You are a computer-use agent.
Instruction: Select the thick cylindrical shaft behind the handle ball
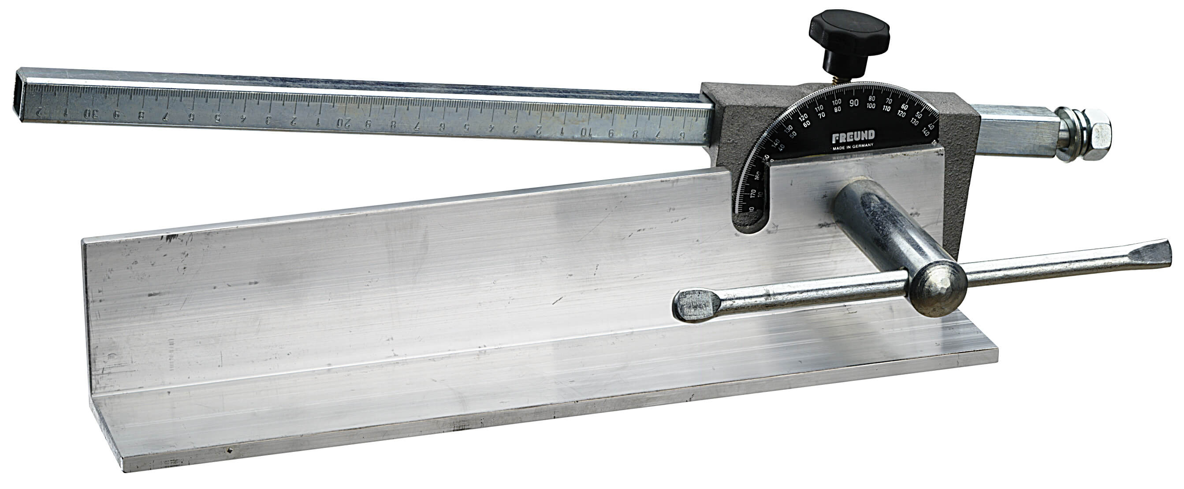[873, 230]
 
